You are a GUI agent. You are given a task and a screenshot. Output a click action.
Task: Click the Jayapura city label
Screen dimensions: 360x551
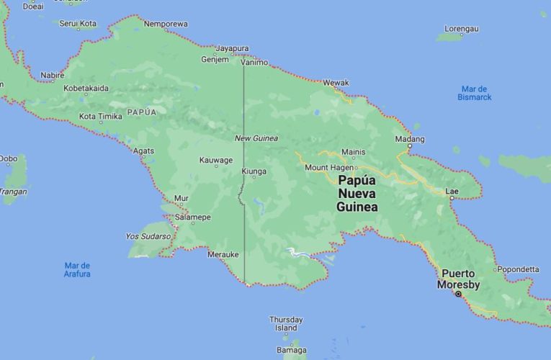(233, 48)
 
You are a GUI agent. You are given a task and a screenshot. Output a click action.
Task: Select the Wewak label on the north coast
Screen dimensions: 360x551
(336, 83)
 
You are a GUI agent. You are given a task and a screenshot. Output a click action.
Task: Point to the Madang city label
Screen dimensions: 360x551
(410, 138)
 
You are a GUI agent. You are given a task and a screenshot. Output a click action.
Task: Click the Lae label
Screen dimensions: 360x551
(452, 191)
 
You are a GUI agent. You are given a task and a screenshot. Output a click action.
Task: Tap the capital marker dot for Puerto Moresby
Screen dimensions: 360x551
(458, 294)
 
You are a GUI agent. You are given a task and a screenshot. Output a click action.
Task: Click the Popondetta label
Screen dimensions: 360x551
(517, 269)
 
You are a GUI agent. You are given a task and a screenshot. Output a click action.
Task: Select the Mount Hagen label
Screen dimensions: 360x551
(328, 168)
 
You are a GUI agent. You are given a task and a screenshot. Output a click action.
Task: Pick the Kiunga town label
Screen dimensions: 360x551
(254, 171)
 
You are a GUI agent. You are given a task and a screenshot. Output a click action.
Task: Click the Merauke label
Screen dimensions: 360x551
(223, 254)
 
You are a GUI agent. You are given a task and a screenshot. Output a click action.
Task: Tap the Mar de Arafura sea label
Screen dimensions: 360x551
(77, 269)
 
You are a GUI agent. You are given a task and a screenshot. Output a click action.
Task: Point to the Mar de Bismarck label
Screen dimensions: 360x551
(475, 92)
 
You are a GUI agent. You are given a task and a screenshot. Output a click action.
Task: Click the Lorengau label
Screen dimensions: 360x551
(461, 29)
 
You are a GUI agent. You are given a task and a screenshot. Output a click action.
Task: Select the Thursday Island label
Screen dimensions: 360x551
(286, 323)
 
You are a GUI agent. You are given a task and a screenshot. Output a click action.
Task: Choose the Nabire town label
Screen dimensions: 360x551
(53, 75)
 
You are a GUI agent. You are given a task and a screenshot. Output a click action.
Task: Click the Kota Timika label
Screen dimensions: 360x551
(100, 116)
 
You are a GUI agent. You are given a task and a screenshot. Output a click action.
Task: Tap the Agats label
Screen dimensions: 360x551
(144, 150)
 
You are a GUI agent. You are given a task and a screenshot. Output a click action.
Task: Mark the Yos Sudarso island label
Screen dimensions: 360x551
(148, 236)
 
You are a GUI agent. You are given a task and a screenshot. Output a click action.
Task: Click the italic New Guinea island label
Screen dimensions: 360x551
(256, 138)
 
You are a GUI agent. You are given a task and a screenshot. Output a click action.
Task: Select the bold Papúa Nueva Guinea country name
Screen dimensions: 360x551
(358, 194)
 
